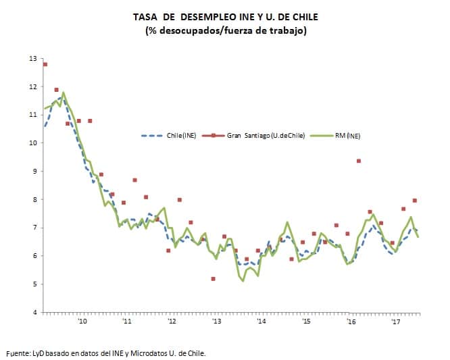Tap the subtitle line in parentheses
(x=226, y=31)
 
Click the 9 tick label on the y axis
(x=34, y=172)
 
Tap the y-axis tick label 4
(x=34, y=312)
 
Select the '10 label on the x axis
(x=82, y=322)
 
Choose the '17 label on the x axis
(x=397, y=322)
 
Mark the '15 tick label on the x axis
(x=307, y=322)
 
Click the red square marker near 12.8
(x=45, y=64)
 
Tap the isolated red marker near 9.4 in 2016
(x=359, y=161)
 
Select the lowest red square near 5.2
(x=214, y=278)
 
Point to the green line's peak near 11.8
(x=64, y=93)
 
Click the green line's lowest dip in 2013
(x=243, y=281)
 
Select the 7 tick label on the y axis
(x=34, y=228)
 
